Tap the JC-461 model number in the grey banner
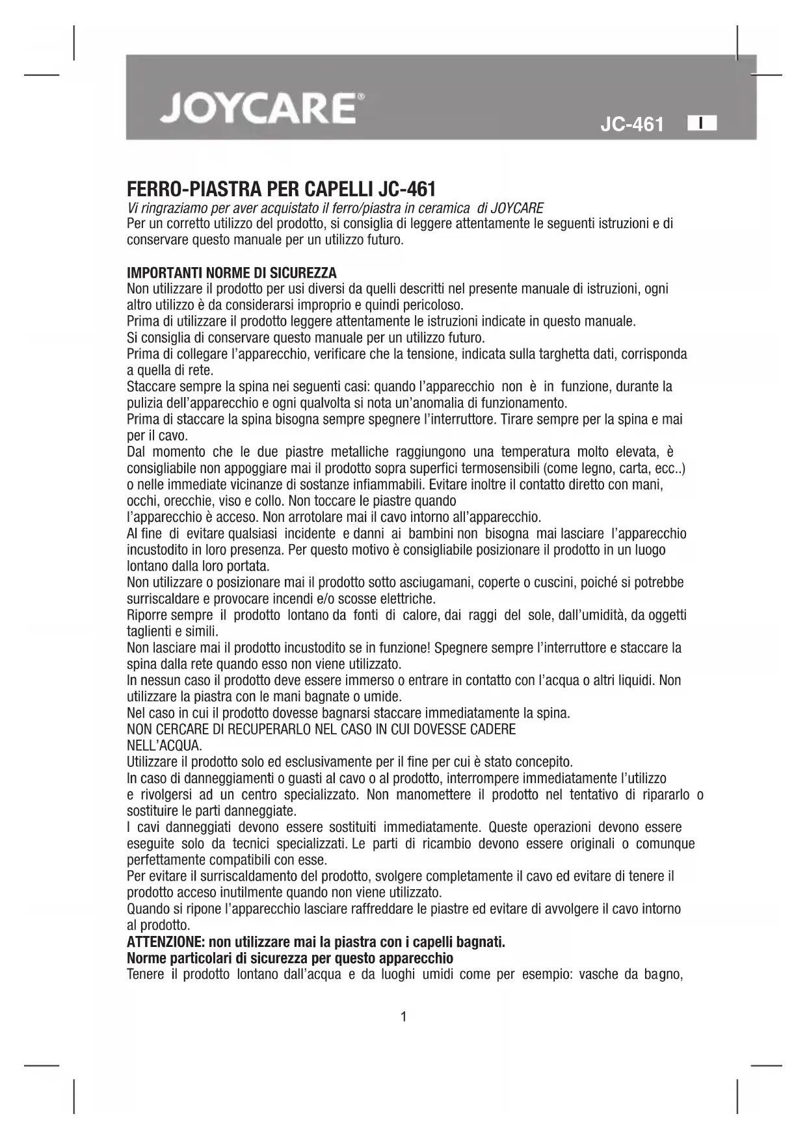[631, 124]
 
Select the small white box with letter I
[702, 123]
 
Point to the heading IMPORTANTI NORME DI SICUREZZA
[232, 272]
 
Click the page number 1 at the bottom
[404, 1017]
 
